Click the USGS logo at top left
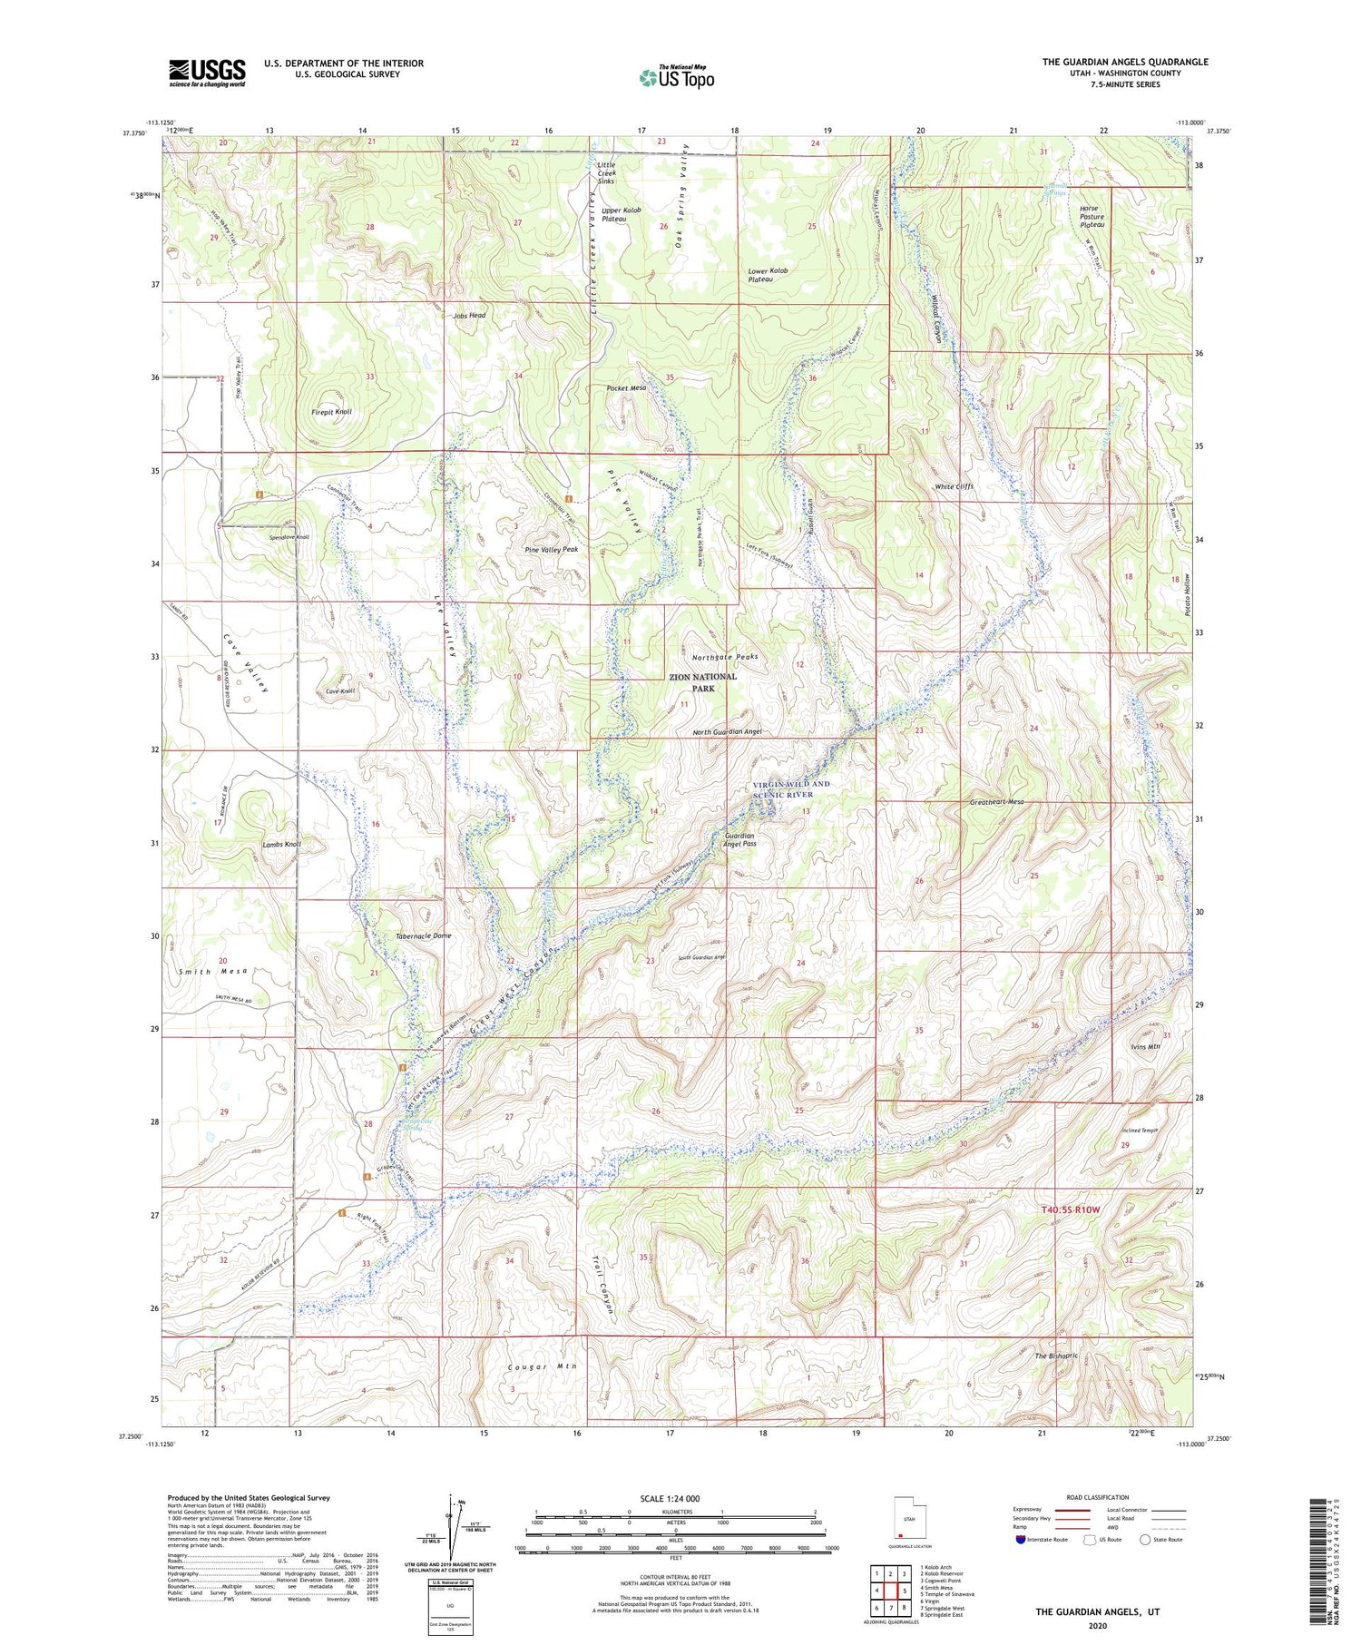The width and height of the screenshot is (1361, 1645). coord(207,73)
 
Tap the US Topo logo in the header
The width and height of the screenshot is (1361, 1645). coord(677,78)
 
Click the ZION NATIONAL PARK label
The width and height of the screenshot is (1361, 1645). coord(703,682)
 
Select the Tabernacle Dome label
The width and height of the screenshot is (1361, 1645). coord(424,935)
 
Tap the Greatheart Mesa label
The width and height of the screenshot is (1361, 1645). coord(996,802)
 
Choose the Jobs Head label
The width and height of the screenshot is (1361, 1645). coord(469,316)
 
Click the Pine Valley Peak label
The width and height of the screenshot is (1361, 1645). coord(551,549)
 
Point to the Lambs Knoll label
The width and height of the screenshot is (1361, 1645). coord(281,844)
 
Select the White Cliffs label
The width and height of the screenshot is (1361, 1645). coord(954,486)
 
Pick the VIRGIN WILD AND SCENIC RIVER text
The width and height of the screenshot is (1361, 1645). coord(790,789)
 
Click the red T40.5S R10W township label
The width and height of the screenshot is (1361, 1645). coord(1070,1209)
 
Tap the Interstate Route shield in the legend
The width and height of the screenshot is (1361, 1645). coord(1021,1540)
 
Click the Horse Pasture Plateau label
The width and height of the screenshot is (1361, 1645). coord(1092,217)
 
